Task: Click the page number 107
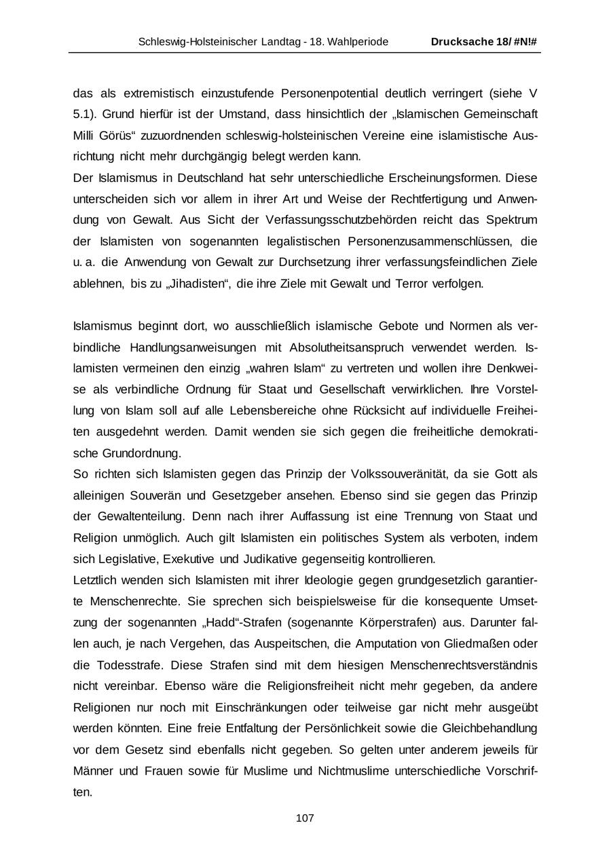pos(305,818)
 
